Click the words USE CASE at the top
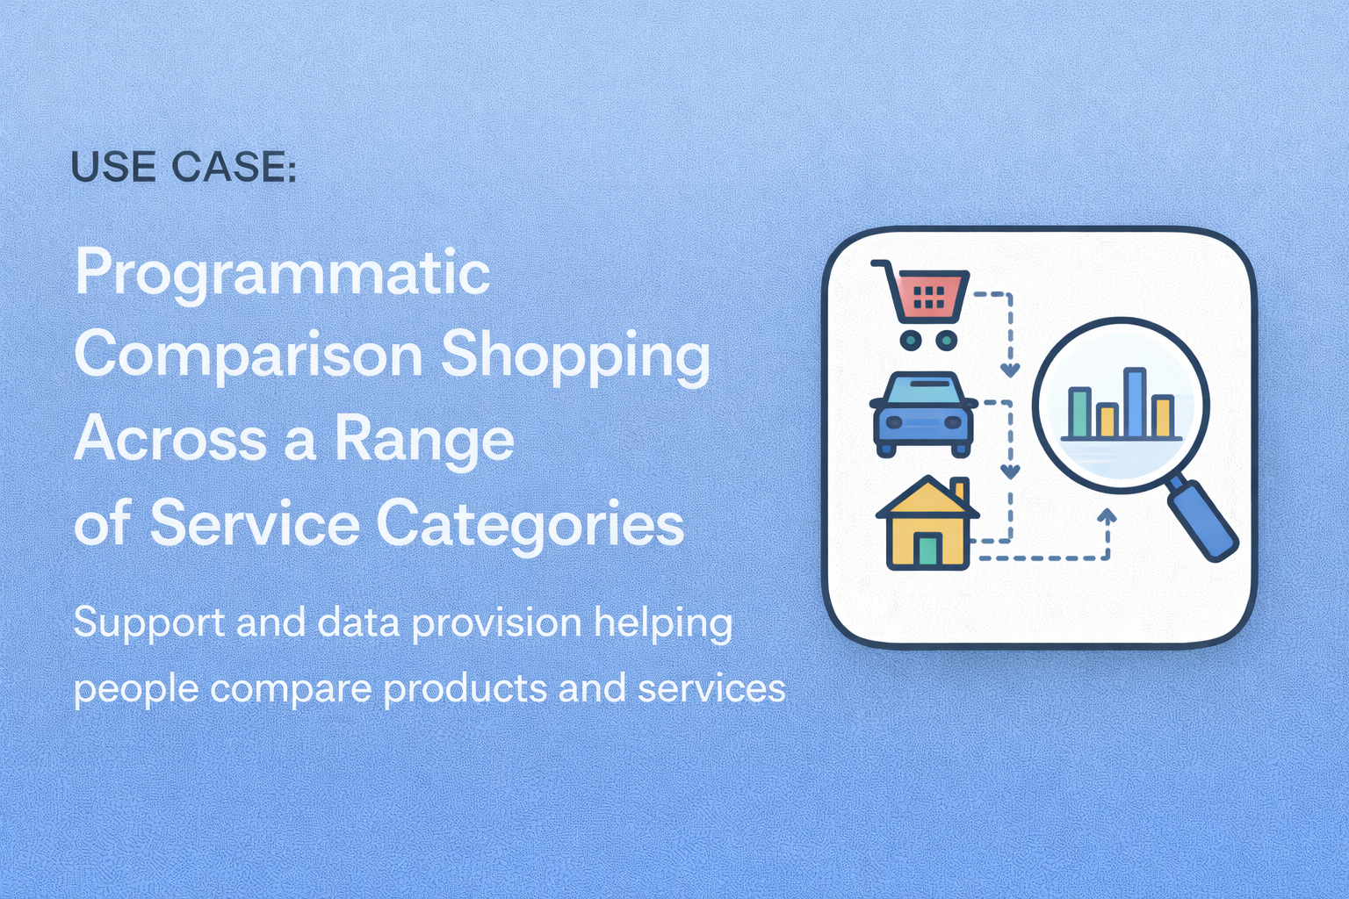[x=183, y=167]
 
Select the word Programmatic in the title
[x=282, y=274]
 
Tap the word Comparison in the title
[x=249, y=356]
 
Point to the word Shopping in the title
[x=575, y=356]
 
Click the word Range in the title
[x=424, y=439]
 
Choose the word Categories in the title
[x=530, y=523]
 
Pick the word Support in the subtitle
[x=149, y=624]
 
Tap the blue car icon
[x=923, y=414]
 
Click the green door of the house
[x=927, y=550]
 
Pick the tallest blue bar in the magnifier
[x=1134, y=403]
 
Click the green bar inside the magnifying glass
[x=1078, y=413]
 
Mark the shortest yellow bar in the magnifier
[x=1107, y=421]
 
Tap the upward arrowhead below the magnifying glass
[x=1107, y=516]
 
